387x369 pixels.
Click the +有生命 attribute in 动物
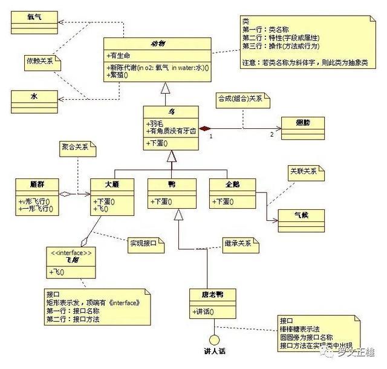click(120, 55)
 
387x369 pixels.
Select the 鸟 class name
click(171, 111)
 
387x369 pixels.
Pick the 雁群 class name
click(37, 184)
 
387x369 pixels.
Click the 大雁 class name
click(111, 184)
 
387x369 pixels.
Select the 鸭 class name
click(171, 184)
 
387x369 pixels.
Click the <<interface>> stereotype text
click(72, 253)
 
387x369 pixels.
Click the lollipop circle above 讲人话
click(212, 339)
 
